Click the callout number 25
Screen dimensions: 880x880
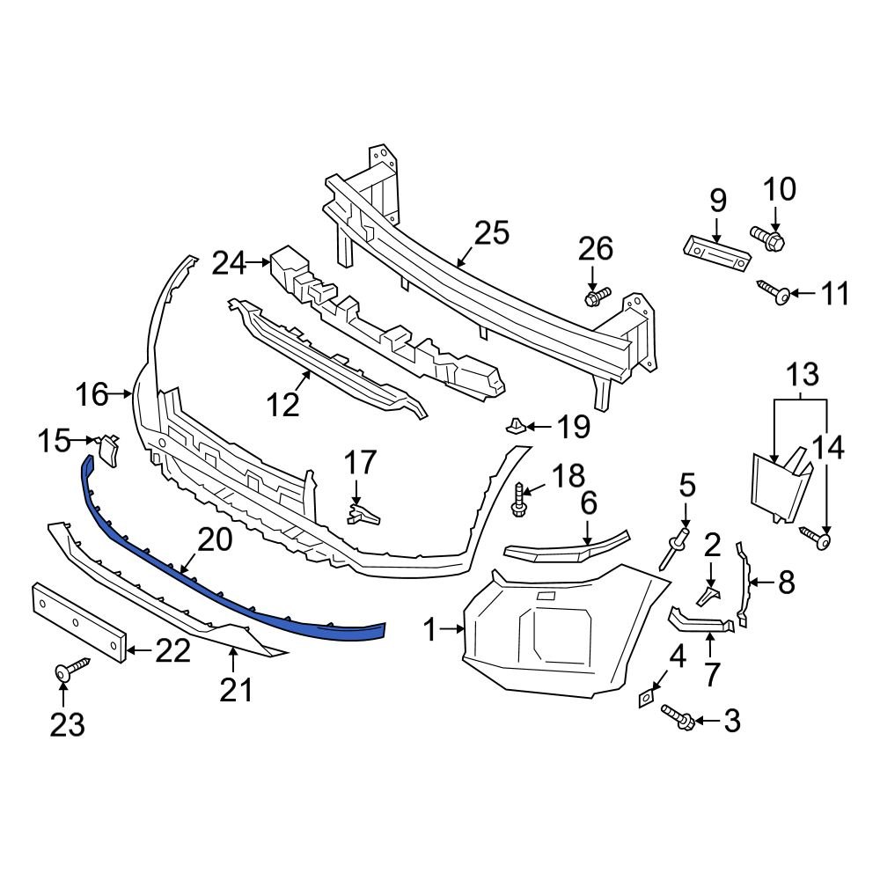pos(492,233)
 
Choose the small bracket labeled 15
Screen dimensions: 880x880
pos(108,447)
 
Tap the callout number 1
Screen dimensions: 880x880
pos(429,629)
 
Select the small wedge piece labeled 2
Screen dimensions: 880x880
pos(709,596)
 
